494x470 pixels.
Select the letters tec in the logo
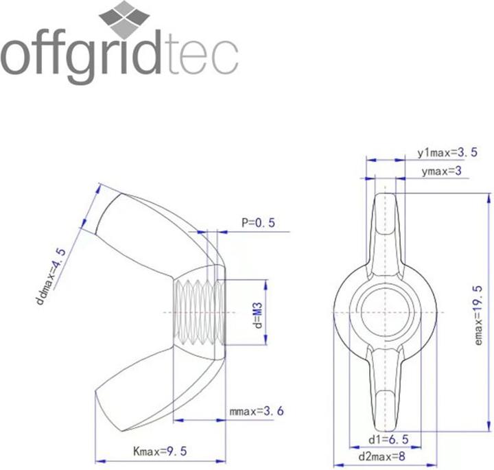point(202,58)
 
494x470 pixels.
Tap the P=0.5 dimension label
point(257,223)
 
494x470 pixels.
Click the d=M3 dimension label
point(259,312)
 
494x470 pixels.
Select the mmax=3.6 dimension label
point(256,412)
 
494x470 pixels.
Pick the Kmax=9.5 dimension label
point(159,451)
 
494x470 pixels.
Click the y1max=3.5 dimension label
point(447,152)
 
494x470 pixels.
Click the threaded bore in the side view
point(197,312)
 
